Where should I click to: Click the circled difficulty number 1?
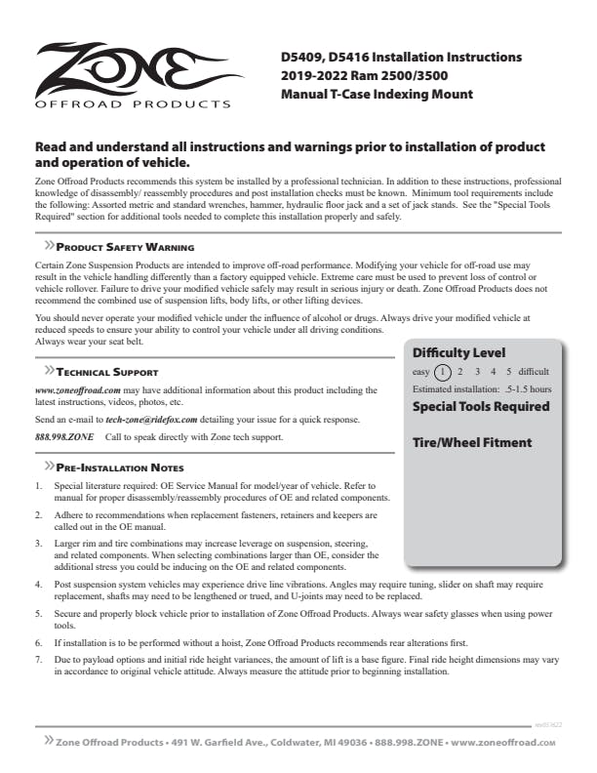coord(443,372)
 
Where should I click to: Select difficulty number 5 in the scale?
coord(508,372)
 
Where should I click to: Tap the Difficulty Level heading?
coord(458,352)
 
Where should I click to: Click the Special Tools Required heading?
coord(481,406)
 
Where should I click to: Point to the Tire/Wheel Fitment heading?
coord(472,442)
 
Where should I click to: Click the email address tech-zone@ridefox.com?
coord(151,418)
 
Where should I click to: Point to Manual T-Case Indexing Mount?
coord(377,95)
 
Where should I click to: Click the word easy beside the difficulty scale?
coord(421,372)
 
